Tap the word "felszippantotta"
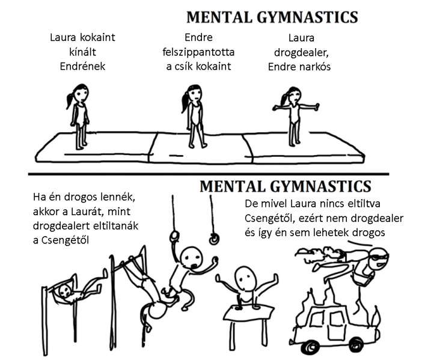coord(198,52)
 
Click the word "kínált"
coord(82,52)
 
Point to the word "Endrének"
coord(82,66)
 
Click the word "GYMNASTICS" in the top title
coord(307,17)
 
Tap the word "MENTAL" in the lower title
coord(233,186)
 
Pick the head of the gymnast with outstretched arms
coord(295,95)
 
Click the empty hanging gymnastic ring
coord(214,239)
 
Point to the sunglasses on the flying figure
coord(379,257)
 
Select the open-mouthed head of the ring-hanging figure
coord(192,258)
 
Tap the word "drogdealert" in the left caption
coord(62,226)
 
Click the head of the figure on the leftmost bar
coord(66,291)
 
